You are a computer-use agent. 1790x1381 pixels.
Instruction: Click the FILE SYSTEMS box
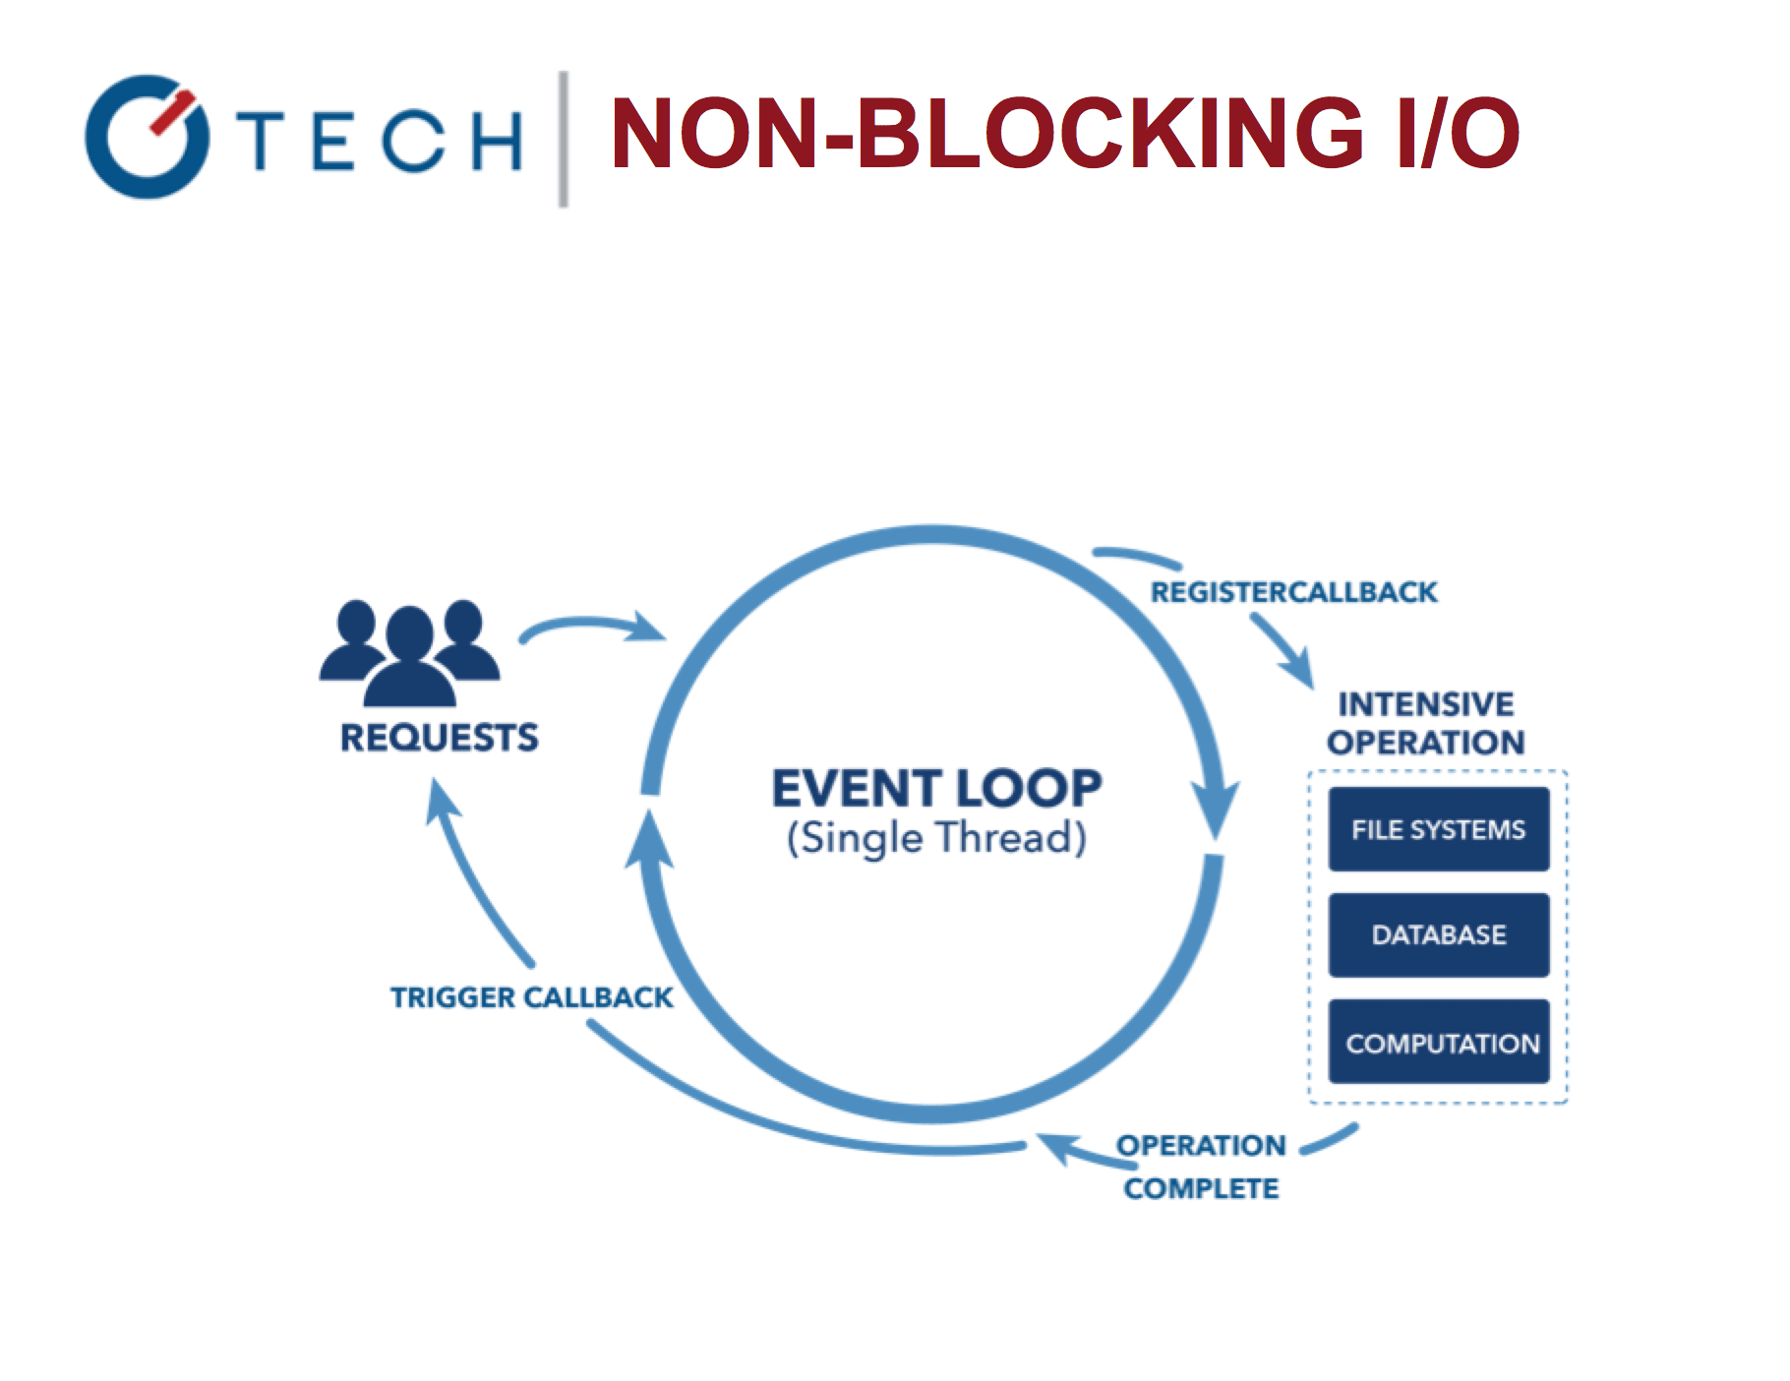[x=1438, y=829]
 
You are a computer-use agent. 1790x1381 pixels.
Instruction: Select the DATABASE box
[x=1438, y=934]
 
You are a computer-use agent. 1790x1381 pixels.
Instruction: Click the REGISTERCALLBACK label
[x=1293, y=592]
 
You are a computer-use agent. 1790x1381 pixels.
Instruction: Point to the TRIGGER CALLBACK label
[x=531, y=997]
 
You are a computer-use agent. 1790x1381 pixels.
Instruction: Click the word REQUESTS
[x=439, y=738]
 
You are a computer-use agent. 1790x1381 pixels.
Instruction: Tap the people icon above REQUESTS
[x=409, y=652]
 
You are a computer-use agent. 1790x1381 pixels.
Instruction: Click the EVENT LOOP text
[x=936, y=789]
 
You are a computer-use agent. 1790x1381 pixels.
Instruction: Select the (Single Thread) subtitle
[x=936, y=838]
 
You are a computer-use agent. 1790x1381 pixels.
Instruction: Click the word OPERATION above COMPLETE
[x=1201, y=1146]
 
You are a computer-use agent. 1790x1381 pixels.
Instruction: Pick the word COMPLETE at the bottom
[x=1201, y=1189]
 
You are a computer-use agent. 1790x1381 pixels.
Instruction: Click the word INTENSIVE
[x=1425, y=704]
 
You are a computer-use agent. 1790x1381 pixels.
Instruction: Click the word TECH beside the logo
[x=384, y=141]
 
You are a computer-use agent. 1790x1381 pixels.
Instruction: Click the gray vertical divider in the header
[x=564, y=139]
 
